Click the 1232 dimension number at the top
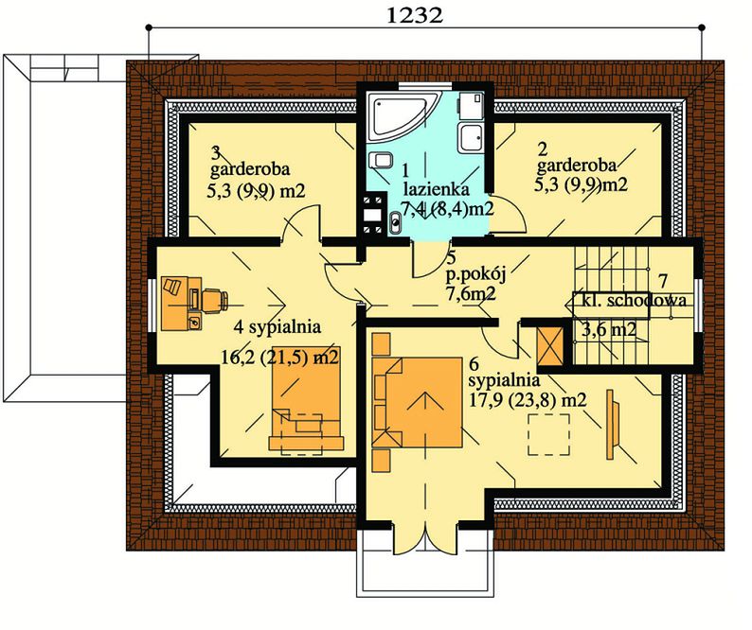(x=414, y=15)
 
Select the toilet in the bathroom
(x=383, y=160)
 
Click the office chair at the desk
(x=214, y=300)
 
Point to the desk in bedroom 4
(x=180, y=303)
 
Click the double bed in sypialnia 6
(x=418, y=402)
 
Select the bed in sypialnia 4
(x=306, y=398)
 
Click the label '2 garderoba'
(x=576, y=158)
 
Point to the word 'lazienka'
(x=436, y=189)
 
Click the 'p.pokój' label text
(x=475, y=274)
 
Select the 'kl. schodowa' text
(x=634, y=301)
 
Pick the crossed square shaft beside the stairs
(x=550, y=346)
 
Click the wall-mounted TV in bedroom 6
(x=613, y=425)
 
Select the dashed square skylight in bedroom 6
(x=548, y=434)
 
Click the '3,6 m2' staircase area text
(x=609, y=329)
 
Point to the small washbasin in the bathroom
(x=395, y=222)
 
